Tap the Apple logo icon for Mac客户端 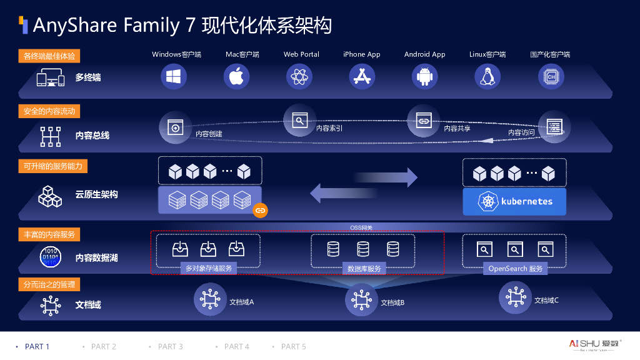click(x=237, y=77)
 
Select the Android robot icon click(x=425, y=77)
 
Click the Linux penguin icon click(x=487, y=77)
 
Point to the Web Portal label click(x=301, y=54)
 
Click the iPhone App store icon click(x=362, y=77)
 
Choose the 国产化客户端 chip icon click(x=551, y=77)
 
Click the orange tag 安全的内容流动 click(x=49, y=111)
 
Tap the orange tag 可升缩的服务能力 click(x=52, y=166)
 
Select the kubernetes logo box click(x=514, y=202)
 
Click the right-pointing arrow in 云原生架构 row click(x=386, y=177)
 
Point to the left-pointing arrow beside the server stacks click(x=341, y=192)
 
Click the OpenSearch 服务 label click(x=516, y=269)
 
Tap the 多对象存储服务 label click(x=209, y=269)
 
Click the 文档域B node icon click(x=361, y=300)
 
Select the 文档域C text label click(x=546, y=301)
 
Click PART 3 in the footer click(x=170, y=346)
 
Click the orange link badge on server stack click(x=261, y=211)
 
